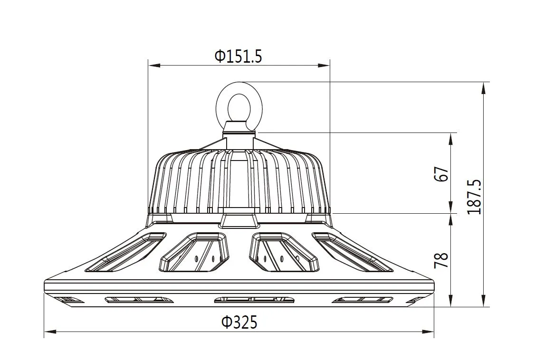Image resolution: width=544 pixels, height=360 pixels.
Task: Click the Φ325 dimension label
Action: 239,322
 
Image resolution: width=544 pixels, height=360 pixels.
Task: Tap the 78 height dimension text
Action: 441,260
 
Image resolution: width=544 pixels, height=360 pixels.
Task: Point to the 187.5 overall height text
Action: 474,197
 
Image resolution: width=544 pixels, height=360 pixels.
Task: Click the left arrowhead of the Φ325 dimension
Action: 48,331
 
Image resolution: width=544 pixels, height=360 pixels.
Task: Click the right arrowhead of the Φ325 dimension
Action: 430,331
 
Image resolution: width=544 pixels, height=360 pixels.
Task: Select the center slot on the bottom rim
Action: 254,300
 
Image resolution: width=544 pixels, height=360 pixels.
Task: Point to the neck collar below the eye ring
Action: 239,126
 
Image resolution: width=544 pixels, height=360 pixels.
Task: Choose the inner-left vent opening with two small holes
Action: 195,252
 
